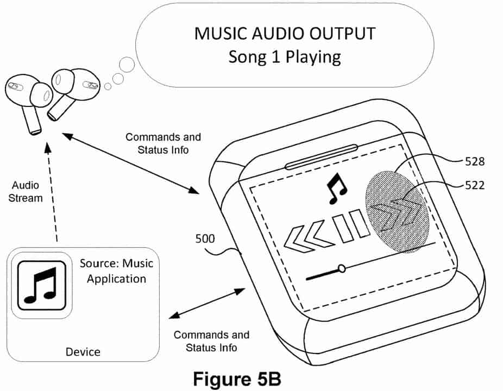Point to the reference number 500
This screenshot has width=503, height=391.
(204, 238)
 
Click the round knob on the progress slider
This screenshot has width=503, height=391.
(342, 268)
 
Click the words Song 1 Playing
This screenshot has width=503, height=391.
(285, 56)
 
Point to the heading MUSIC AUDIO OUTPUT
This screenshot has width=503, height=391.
(285, 34)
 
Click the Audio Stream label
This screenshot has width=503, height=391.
(27, 192)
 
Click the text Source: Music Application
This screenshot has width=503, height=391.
(116, 272)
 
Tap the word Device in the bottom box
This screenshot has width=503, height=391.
(83, 351)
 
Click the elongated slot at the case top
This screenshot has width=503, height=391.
(322, 155)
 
